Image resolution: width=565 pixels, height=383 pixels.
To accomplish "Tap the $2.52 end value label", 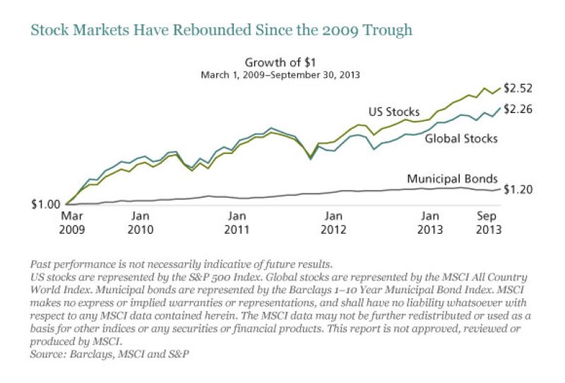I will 518,88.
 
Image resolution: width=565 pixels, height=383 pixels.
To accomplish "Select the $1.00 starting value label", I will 44,204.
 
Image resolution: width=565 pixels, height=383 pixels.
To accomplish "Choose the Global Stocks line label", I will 460,139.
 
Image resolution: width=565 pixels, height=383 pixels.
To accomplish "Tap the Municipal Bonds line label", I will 453,179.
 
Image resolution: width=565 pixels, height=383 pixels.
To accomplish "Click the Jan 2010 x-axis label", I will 141,222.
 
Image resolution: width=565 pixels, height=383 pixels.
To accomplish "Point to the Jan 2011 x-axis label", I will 237,222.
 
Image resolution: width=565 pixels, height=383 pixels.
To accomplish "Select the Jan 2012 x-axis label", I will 333,222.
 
